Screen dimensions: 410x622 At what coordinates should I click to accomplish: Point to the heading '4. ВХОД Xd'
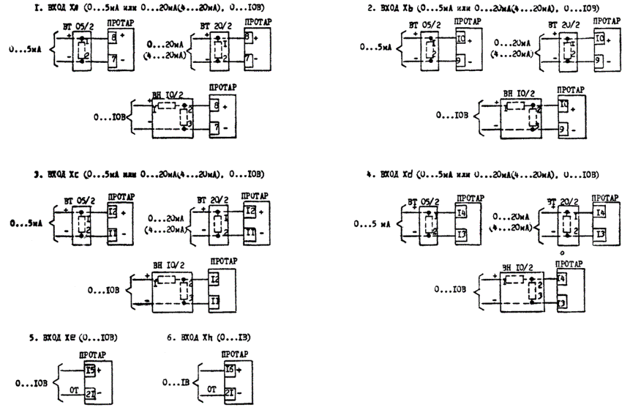coord(396,175)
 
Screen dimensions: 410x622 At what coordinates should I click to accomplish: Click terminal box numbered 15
coord(89,369)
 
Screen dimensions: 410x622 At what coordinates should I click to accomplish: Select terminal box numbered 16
coord(230,369)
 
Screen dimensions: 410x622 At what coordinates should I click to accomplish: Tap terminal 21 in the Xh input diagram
coord(230,393)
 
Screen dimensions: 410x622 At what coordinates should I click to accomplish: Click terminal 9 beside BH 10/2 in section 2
coord(563,130)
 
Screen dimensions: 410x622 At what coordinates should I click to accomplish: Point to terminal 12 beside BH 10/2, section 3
coord(214,279)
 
